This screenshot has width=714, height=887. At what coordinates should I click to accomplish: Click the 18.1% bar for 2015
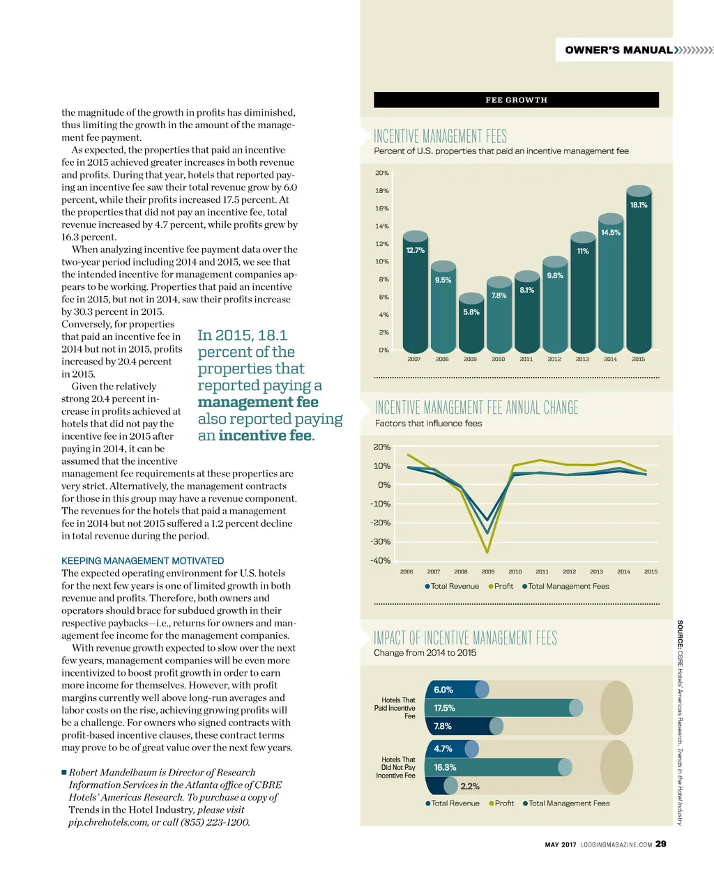pos(638,272)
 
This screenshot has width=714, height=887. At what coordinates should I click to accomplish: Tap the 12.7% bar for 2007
pos(416,293)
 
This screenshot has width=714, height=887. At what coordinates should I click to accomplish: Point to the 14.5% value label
pos(610,233)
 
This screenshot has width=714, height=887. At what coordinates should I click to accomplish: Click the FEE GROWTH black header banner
pos(516,100)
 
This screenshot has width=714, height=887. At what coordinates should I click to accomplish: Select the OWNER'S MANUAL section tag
pos(618,50)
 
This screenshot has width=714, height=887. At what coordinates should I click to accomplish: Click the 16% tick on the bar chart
pos(382,208)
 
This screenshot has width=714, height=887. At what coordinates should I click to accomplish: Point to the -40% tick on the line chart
pos(381,560)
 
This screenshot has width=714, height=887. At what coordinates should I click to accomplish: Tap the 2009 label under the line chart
pos(488,571)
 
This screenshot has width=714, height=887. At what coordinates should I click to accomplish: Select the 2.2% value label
pos(470,786)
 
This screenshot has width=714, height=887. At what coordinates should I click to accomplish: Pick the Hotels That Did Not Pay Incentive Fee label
pos(397,767)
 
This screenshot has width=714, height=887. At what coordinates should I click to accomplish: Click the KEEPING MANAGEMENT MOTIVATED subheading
pos(143,561)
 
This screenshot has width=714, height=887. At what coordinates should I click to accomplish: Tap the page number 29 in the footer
pos(661,844)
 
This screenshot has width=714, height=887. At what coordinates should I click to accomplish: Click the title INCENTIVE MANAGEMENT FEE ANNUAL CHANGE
pos(476,408)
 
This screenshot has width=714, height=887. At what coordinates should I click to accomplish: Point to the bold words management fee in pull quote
pos(258,402)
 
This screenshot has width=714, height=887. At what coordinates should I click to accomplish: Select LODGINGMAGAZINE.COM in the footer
pos(616,844)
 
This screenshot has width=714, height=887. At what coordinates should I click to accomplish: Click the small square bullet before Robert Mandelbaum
pos(63,772)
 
